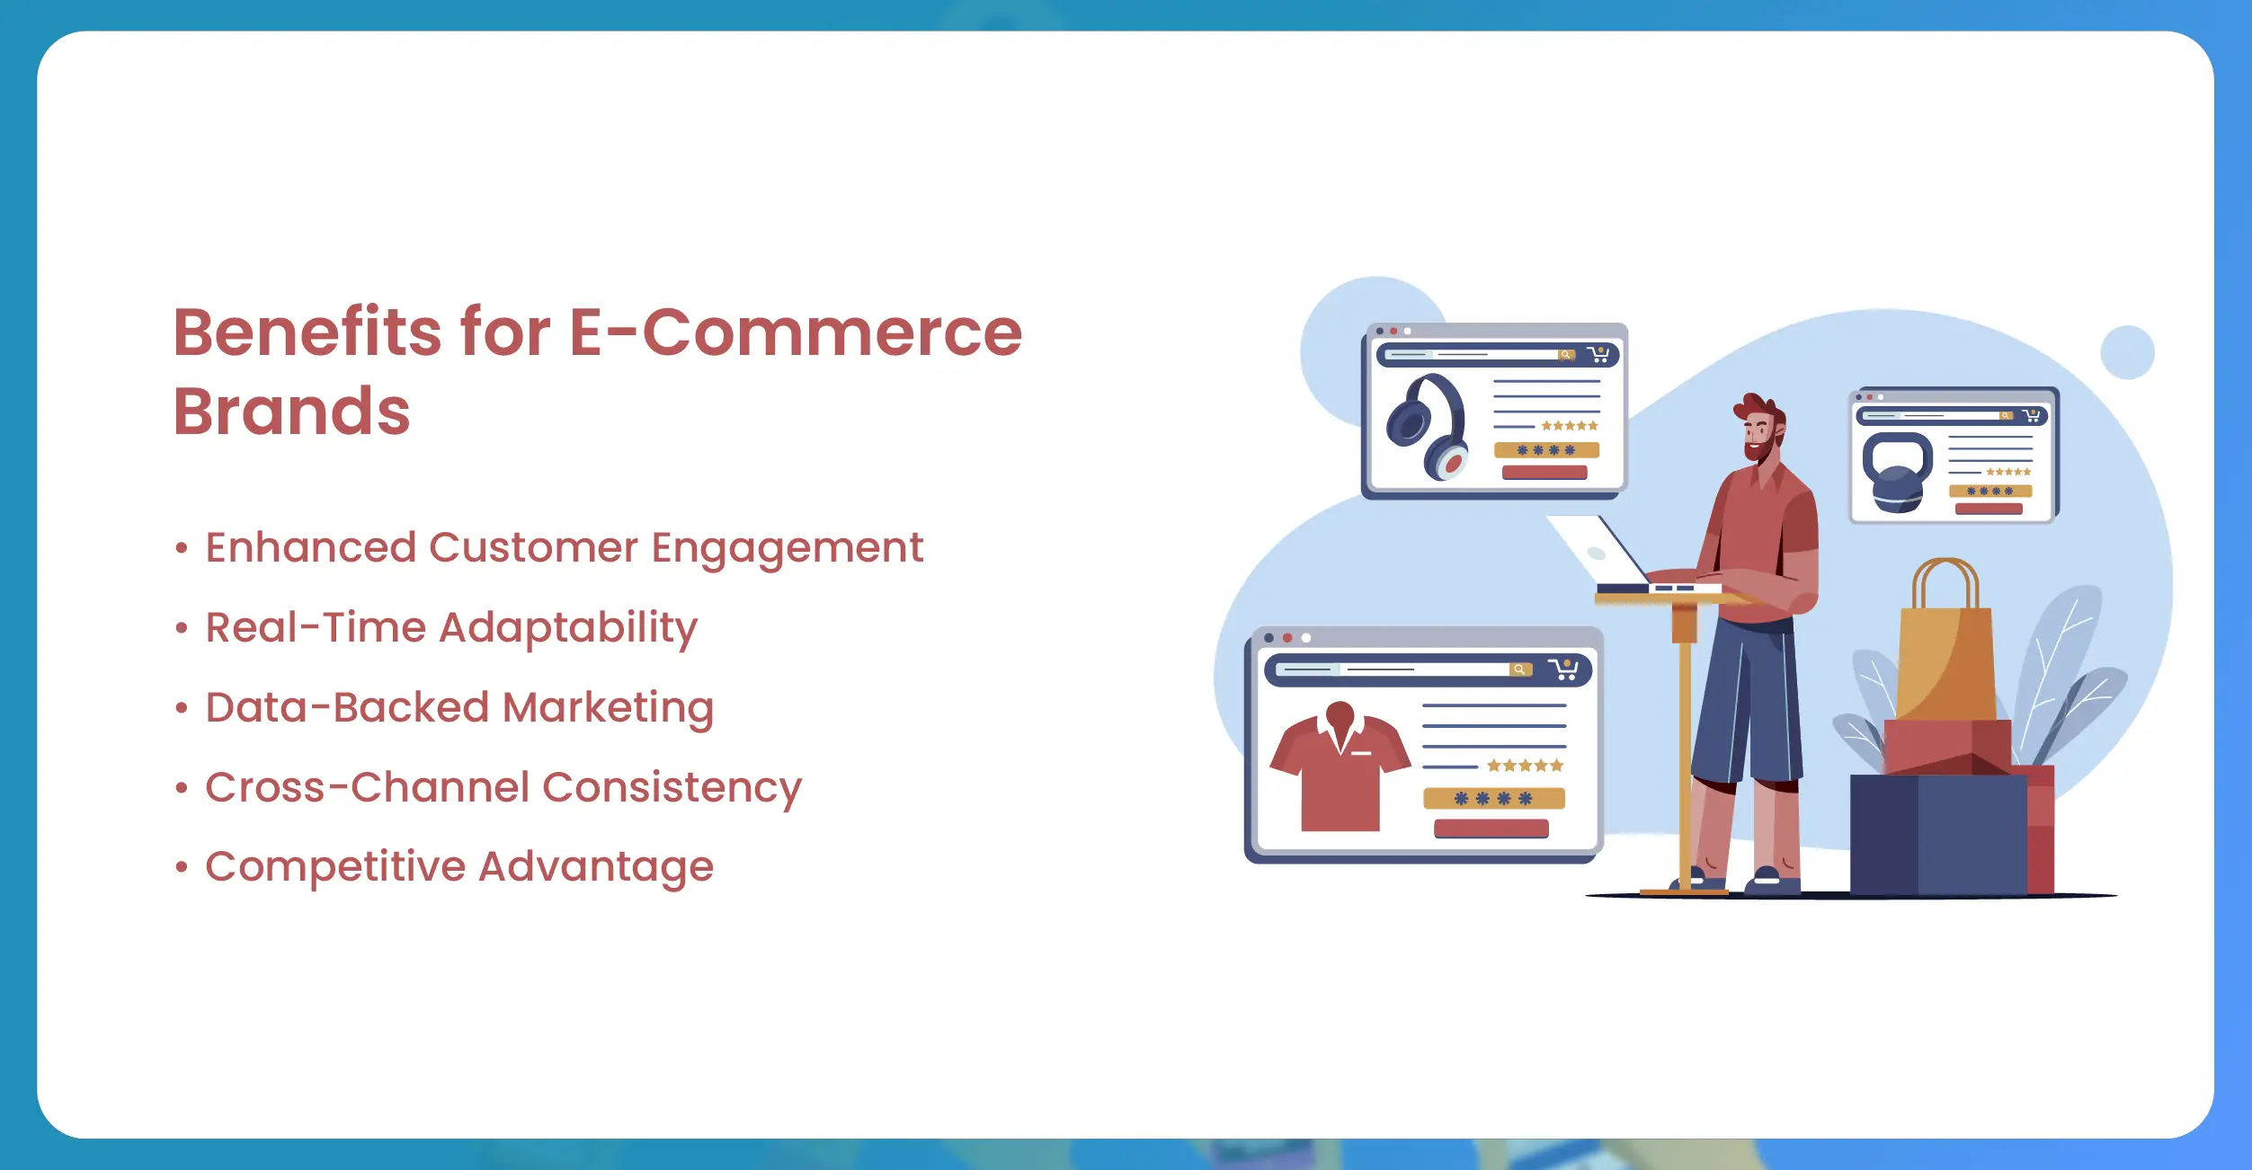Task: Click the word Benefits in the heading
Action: coord(307,332)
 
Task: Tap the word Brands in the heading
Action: coord(291,411)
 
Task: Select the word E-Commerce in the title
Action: coord(796,332)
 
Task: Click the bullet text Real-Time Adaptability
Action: coord(451,628)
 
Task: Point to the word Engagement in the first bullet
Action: coord(788,549)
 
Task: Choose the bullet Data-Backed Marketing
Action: coord(459,707)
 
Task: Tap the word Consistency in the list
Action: coord(672,788)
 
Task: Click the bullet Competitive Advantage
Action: coord(459,866)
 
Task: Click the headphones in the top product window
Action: coord(1428,427)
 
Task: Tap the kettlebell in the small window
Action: coord(1897,473)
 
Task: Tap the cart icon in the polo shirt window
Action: coord(1563,669)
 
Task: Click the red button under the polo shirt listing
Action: coord(1491,829)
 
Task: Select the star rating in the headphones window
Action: coord(1570,426)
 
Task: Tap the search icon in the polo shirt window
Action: coord(1519,669)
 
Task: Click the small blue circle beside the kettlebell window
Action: coord(2127,352)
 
